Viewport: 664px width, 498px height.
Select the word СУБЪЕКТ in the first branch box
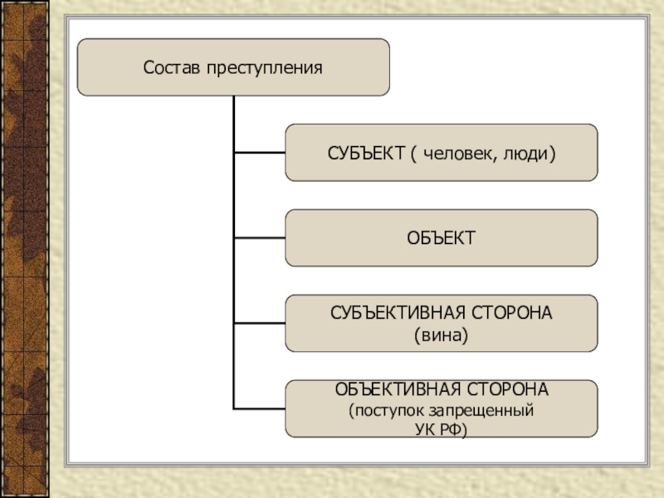pyautogui.click(x=364, y=153)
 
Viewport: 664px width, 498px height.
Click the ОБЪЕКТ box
pyautogui.click(x=441, y=238)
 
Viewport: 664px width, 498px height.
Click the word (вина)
pyautogui.click(x=441, y=334)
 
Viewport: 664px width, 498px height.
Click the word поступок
pyautogui.click(x=383, y=410)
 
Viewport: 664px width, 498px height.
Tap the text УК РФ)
pyautogui.click(x=441, y=429)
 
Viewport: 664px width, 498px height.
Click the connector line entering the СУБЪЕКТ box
pyautogui.click(x=260, y=153)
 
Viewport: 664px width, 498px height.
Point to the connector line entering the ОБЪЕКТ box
pyautogui.click(x=260, y=238)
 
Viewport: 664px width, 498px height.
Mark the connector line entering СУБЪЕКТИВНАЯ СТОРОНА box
pyautogui.click(x=260, y=323)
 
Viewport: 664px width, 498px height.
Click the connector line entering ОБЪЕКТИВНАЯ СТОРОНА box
pyautogui.click(x=260, y=408)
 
